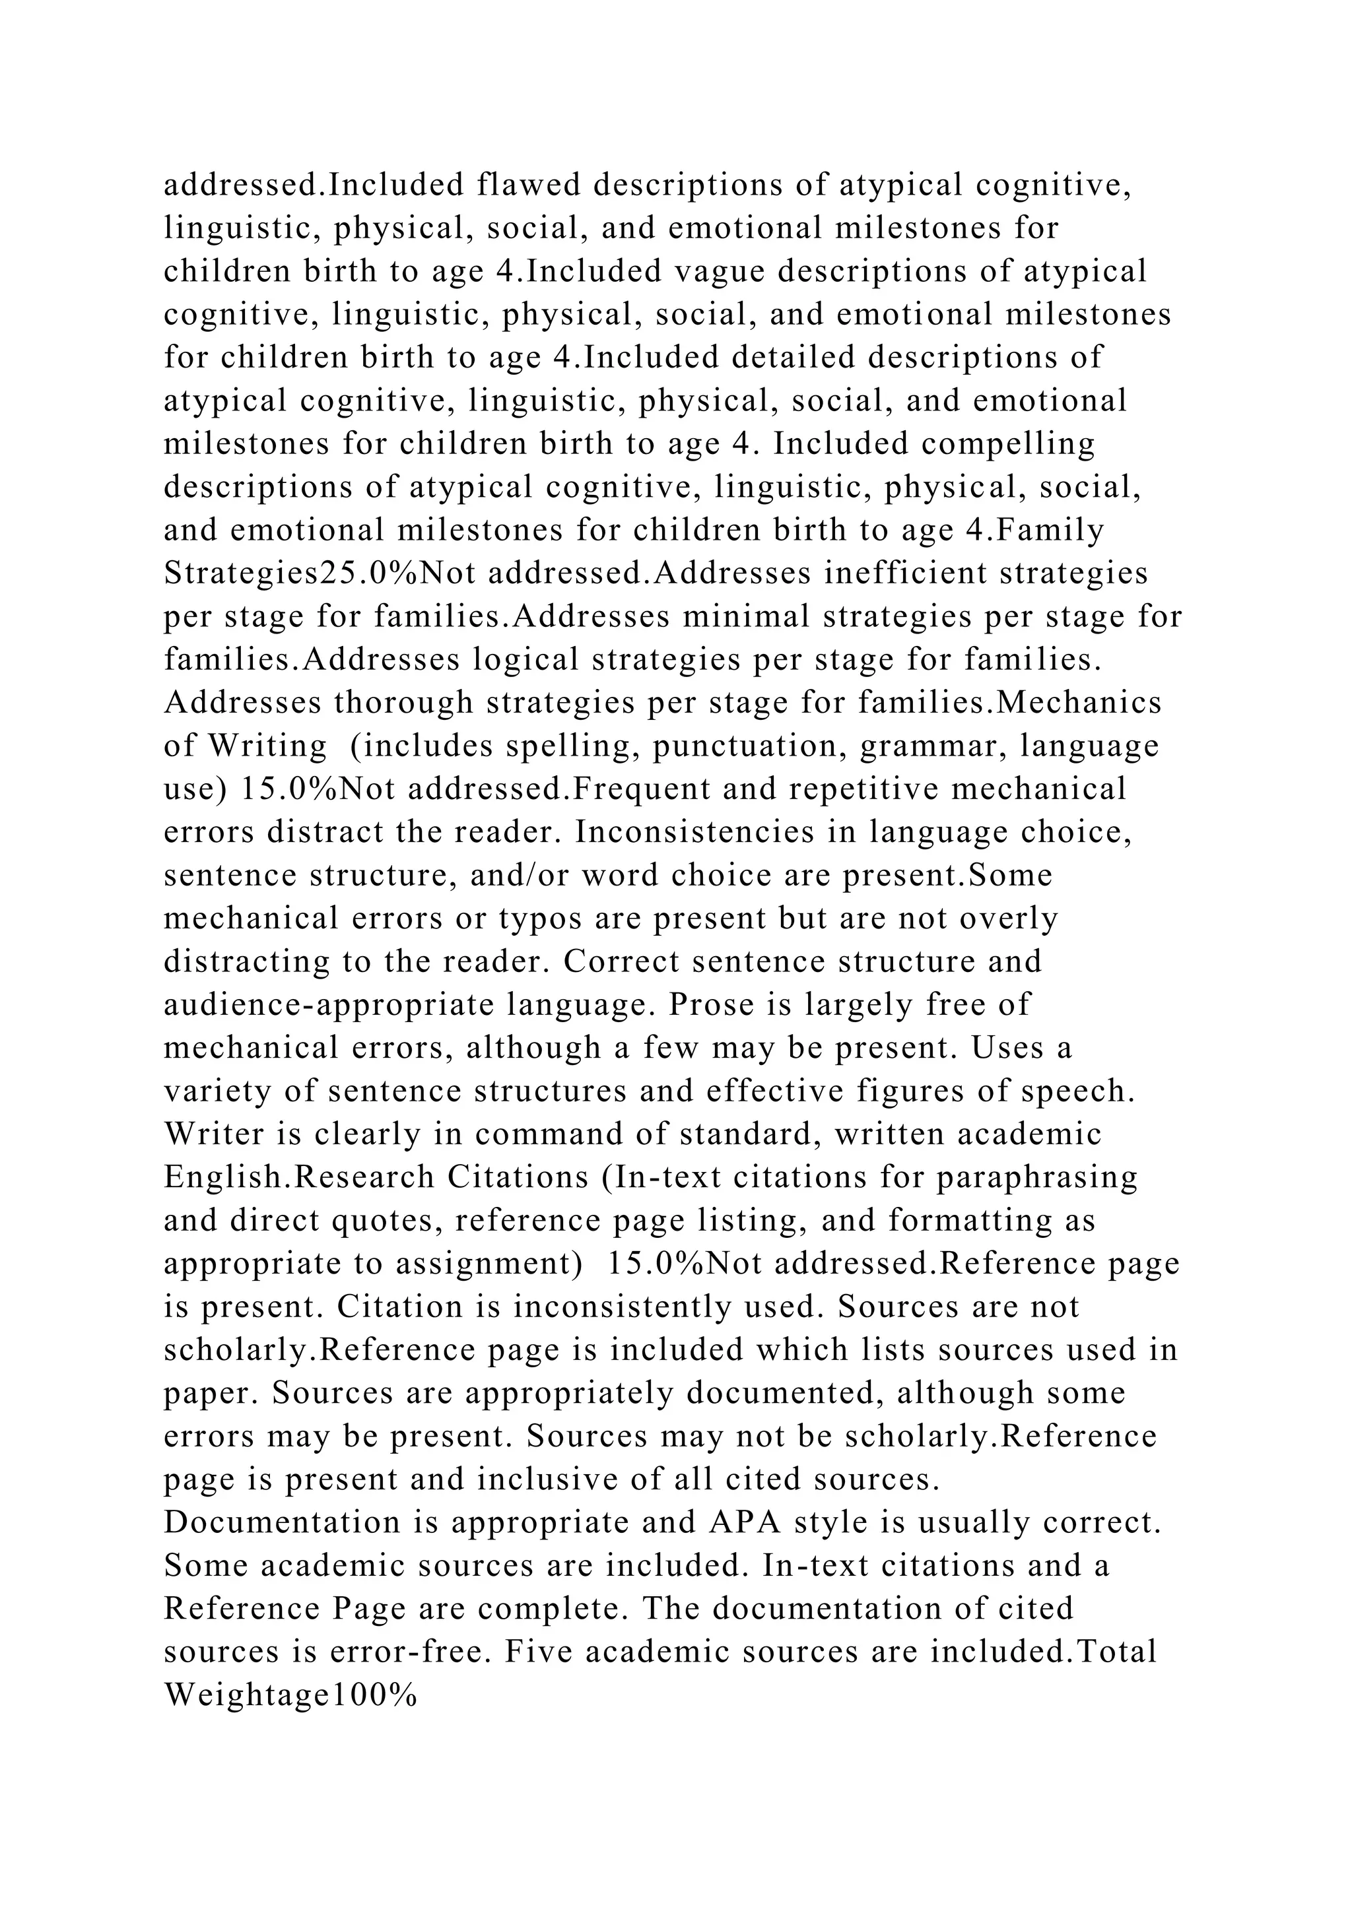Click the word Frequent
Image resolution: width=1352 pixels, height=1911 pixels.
(x=643, y=789)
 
